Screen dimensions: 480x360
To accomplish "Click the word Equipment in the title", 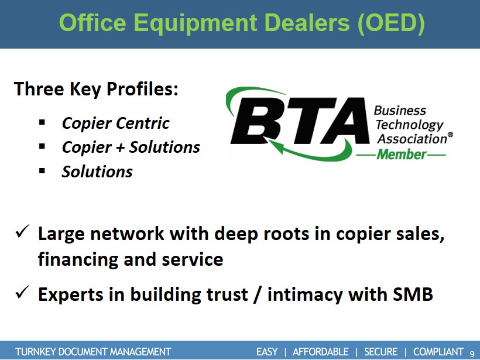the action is [x=195, y=23].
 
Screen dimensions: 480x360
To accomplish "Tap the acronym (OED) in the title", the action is [x=391, y=23].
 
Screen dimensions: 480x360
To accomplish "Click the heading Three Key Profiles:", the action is [x=96, y=90].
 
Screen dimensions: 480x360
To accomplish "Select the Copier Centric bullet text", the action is [x=115, y=124].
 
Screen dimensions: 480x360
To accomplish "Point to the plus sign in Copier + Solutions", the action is [x=120, y=148].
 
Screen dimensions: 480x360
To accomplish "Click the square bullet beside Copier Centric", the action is [x=42, y=123].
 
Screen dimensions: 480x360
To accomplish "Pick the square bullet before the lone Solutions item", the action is [x=42, y=171].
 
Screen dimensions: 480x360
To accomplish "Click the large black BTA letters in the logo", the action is [x=300, y=121].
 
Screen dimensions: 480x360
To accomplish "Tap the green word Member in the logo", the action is [x=402, y=155].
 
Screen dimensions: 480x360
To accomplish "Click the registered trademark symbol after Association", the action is [x=450, y=135].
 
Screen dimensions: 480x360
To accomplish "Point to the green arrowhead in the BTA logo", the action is [x=274, y=146].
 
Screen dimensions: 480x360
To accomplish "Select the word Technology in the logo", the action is [x=410, y=125].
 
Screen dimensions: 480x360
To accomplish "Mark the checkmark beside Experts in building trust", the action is [x=22, y=292].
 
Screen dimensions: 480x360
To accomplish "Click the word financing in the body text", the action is [x=77, y=259].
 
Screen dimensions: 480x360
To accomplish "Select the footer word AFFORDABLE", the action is [x=321, y=352].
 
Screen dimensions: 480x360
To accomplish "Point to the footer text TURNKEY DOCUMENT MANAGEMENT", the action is [x=93, y=352].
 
